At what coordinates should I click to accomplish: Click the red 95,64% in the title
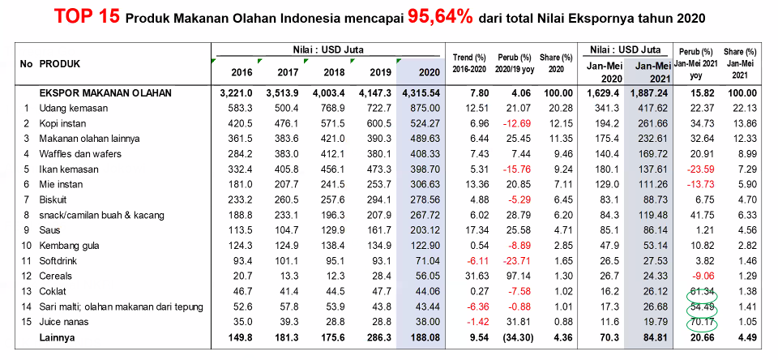click(x=446, y=15)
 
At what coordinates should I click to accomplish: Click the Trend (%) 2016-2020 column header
click(x=470, y=64)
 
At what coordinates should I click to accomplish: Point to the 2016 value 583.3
click(x=237, y=108)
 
